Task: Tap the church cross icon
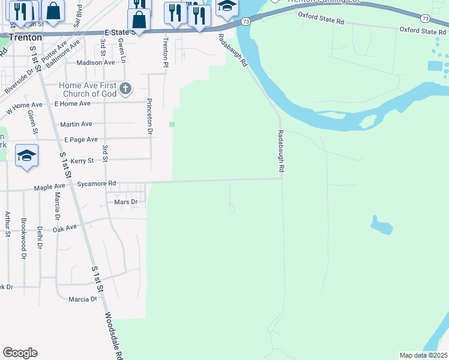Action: pos(125,89)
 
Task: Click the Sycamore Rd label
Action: pos(96,184)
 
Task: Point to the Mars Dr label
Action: pos(125,202)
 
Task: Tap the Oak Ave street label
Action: pos(65,228)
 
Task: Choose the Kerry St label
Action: pos(82,161)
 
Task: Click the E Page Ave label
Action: pos(80,139)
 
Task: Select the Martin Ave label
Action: pos(76,124)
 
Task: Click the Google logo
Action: pos(20,353)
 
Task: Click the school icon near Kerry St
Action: pos(27,156)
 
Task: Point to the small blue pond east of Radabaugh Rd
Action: pos(380,225)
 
